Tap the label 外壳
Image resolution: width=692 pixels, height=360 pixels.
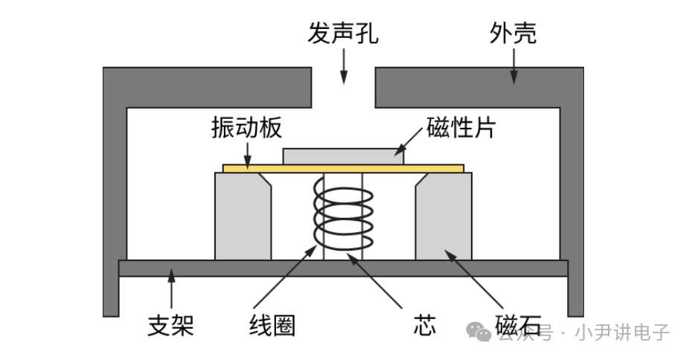tap(513, 34)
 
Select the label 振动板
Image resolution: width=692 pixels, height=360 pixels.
tap(246, 129)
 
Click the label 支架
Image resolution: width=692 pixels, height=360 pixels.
tap(171, 326)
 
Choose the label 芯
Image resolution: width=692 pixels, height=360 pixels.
tap(423, 326)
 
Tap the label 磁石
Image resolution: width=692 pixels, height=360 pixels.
tap(516, 326)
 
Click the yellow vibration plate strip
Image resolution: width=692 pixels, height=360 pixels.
tap(343, 169)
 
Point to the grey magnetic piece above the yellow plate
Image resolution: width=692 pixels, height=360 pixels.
tap(343, 155)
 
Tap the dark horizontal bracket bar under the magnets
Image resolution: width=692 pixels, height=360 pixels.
tap(343, 268)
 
